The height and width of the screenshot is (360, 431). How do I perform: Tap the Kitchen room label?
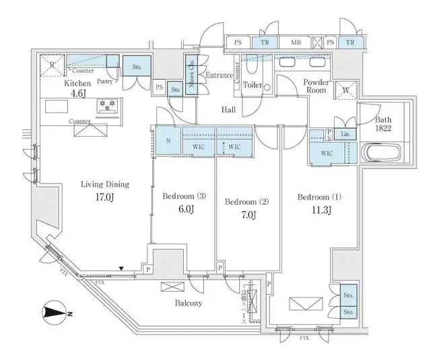(x=76, y=84)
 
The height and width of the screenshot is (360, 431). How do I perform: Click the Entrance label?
(x=218, y=76)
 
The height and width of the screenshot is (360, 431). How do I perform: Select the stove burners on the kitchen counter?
(x=107, y=105)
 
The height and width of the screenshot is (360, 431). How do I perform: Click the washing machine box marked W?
(x=345, y=90)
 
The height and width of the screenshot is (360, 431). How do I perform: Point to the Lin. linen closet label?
(x=345, y=133)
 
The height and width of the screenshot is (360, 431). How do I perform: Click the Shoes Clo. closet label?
(x=191, y=80)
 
